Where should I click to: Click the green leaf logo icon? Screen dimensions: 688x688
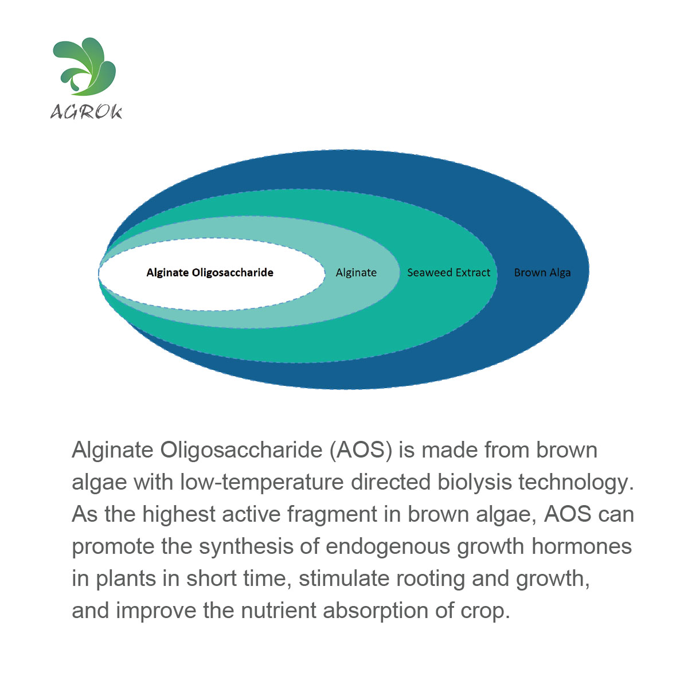pos(85,67)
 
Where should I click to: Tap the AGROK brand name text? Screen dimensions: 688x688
pos(86,112)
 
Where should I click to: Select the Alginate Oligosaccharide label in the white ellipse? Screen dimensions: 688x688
pos(210,273)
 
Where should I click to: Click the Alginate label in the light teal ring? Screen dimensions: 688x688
pos(356,273)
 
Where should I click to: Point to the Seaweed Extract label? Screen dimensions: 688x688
pos(449,272)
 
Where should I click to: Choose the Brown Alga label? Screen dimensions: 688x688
pos(542,273)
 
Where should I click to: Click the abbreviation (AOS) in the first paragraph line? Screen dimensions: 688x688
pos(361,450)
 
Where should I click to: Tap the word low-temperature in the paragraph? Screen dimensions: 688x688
pos(261,482)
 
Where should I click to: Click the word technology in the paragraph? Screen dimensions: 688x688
pos(576,482)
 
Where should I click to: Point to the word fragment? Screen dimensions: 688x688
pos(332,514)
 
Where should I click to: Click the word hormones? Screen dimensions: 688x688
pos(581,546)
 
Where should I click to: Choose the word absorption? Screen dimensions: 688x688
pos(376,611)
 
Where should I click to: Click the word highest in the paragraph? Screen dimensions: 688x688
pos(179,514)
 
